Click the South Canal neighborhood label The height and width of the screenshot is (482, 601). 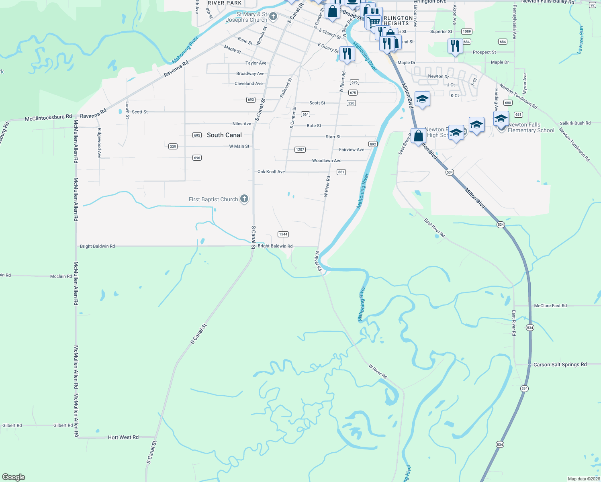tap(224, 135)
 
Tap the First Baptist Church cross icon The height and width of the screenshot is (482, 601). tap(244, 199)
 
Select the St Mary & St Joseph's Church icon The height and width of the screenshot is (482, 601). tap(273, 16)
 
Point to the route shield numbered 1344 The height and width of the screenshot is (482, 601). tap(283, 234)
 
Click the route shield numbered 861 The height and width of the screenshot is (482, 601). tap(341, 172)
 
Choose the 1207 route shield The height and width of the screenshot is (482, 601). tap(300, 149)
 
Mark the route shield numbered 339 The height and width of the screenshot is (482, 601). tap(173, 147)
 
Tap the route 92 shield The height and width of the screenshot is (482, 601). tap(593, 5)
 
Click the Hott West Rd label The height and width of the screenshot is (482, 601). tap(123, 437)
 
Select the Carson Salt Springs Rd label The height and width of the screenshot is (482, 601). tap(560, 365)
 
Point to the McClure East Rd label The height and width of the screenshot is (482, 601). tap(550, 306)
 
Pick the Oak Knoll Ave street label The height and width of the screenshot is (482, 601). tap(271, 172)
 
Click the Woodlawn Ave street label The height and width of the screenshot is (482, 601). tap(327, 161)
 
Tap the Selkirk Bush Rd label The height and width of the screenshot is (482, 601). tap(575, 123)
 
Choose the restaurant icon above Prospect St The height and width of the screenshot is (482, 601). tap(455, 46)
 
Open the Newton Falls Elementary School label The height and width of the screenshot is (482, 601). tap(531, 128)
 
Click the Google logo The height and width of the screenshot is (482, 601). tap(14, 477)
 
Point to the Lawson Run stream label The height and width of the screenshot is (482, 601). tap(581, 40)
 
